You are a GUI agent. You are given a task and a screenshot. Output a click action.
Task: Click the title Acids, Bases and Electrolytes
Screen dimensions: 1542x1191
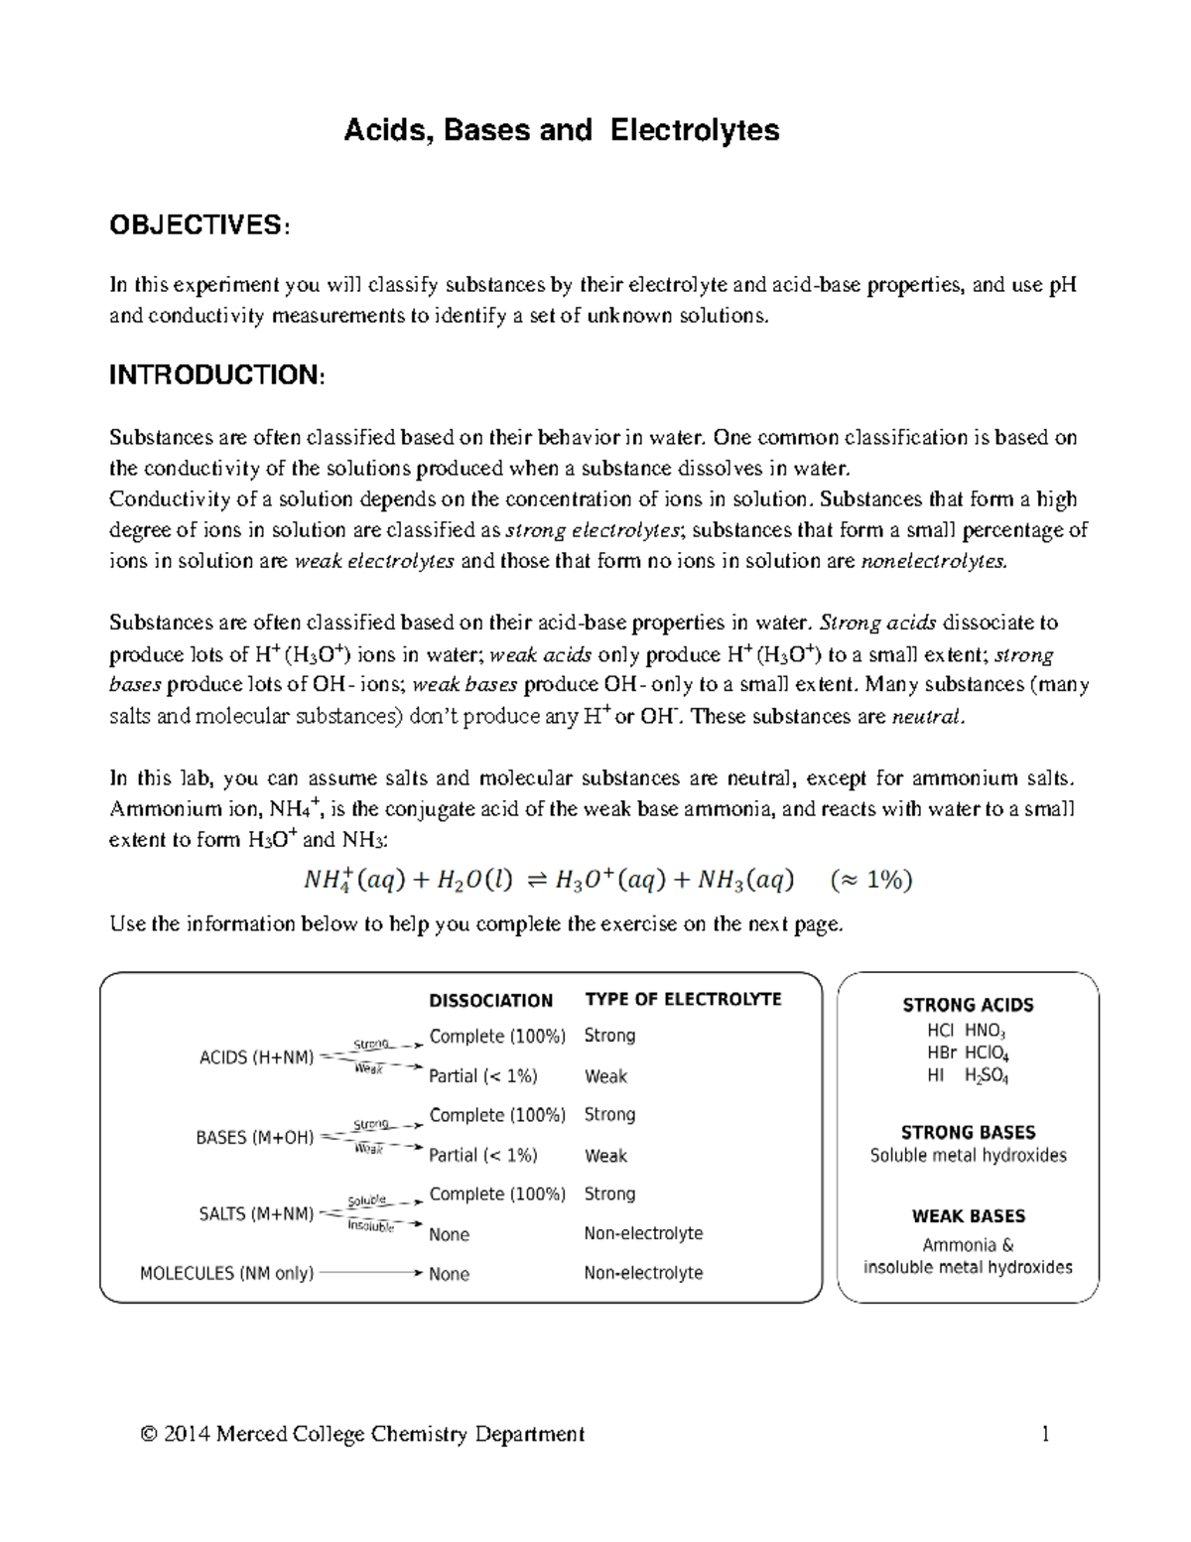pos(561,130)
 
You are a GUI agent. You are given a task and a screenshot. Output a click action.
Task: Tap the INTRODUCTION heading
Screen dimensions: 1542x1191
pos(215,374)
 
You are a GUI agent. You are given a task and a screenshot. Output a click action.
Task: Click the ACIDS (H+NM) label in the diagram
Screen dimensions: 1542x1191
pos(256,1057)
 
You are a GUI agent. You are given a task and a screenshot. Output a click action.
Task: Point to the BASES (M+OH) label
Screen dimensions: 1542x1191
pos(254,1137)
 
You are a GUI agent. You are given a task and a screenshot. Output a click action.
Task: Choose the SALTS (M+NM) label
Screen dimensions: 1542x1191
pos(256,1213)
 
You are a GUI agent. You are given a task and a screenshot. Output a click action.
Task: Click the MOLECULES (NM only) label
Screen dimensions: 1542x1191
pos(226,1273)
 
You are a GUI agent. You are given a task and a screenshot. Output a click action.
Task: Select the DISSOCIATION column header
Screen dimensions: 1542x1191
pos(490,1000)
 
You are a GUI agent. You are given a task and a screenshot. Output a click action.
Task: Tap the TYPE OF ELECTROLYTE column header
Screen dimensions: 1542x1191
pos(683,999)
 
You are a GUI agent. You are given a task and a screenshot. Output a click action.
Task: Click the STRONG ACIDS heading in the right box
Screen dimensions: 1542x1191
pos(968,1005)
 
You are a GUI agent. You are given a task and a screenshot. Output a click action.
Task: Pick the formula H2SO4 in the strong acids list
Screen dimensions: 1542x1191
pos(986,1075)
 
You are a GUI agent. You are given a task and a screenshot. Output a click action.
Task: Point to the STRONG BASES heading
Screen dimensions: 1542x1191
pos(968,1132)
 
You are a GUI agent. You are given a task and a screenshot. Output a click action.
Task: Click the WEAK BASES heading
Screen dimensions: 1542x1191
pos(968,1216)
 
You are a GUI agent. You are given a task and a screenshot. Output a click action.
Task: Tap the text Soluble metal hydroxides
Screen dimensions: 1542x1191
pos(968,1156)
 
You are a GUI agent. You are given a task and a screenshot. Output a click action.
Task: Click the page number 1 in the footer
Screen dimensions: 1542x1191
pos(1045,1434)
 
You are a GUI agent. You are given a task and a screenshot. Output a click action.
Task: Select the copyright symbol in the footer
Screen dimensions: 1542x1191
pos(150,1434)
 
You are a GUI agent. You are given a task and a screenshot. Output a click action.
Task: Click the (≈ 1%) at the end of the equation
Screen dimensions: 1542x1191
pos(871,880)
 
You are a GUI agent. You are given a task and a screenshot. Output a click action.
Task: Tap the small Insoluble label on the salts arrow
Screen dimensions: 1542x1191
pos(370,1226)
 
